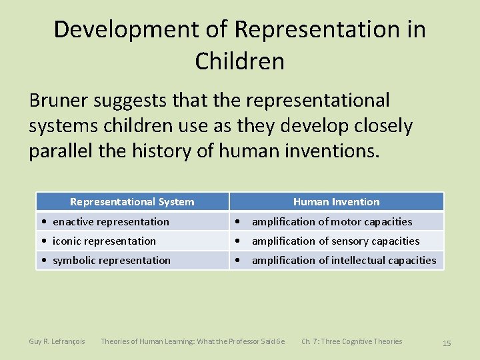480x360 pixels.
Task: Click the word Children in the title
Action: click(x=240, y=61)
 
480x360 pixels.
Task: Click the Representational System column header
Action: click(x=132, y=201)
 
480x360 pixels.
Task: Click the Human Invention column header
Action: click(x=336, y=201)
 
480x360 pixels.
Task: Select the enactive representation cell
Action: click(x=111, y=221)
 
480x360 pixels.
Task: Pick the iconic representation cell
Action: click(x=104, y=241)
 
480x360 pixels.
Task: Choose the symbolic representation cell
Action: click(x=111, y=260)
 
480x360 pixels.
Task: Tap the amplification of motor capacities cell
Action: click(x=331, y=221)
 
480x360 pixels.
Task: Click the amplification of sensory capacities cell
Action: click(x=335, y=241)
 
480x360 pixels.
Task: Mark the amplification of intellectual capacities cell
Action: click(x=343, y=260)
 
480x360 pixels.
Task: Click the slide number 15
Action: click(x=447, y=343)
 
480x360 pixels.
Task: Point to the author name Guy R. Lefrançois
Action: click(x=57, y=341)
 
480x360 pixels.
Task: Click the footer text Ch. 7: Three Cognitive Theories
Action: click(x=351, y=341)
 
